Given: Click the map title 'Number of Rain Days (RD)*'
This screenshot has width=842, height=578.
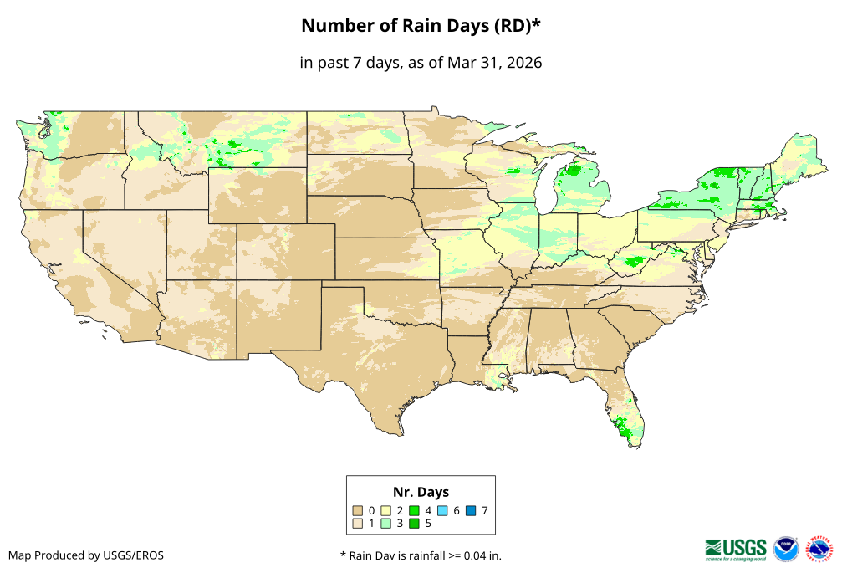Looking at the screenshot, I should click(421, 26).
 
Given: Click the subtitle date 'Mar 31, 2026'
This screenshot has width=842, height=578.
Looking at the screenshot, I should click(494, 63).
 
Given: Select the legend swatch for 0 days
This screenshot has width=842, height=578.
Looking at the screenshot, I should click(358, 510).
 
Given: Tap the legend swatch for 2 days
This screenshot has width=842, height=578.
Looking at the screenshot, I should click(386, 510).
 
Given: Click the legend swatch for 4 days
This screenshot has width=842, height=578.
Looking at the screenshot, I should click(415, 510).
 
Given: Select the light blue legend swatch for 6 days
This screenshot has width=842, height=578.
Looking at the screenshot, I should click(443, 510).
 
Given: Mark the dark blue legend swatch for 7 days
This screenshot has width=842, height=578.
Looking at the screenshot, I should click(472, 510).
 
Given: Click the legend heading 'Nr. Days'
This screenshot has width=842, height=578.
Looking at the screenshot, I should click(421, 492).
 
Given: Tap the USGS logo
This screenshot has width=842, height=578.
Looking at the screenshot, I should click(736, 549).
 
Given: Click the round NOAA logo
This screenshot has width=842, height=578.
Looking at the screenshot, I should click(786, 549).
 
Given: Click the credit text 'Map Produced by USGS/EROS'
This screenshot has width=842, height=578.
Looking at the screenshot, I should click(86, 555).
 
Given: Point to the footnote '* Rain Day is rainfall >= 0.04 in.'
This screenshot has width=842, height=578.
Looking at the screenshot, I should click(421, 555).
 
